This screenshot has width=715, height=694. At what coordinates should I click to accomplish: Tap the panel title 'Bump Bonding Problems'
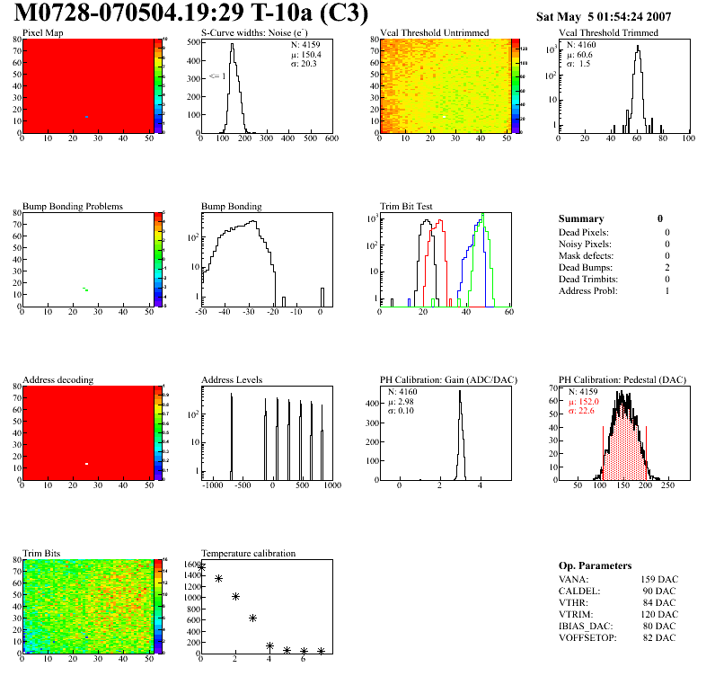tap(73, 207)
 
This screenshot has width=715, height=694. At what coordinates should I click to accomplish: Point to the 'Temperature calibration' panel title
tap(248, 554)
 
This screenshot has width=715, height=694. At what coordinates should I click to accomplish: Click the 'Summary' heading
tap(581, 218)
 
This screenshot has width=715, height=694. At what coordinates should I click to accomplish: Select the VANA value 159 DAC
tap(658, 579)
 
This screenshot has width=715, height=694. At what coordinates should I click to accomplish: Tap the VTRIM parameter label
tap(575, 614)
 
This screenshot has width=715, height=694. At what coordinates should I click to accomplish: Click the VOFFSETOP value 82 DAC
tap(659, 637)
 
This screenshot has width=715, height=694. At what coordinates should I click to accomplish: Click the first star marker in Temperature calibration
tap(201, 567)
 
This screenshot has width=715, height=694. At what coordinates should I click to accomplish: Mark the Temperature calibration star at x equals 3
tap(253, 618)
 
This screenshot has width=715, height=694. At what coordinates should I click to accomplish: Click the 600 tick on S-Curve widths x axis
tap(331, 139)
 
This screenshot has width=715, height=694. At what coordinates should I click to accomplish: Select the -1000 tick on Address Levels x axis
tap(212, 485)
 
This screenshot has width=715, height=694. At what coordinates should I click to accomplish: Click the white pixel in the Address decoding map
tap(87, 464)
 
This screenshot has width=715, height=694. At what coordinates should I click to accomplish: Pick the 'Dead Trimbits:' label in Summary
tap(588, 280)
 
